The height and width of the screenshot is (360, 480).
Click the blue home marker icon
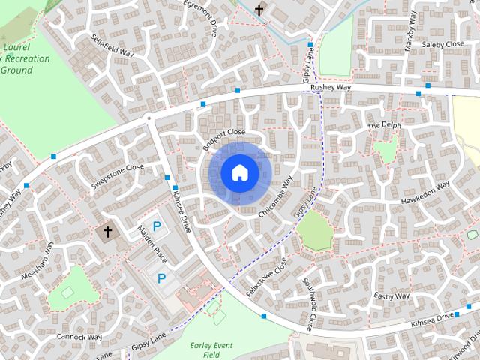[238, 172]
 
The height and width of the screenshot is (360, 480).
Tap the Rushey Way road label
[331, 88]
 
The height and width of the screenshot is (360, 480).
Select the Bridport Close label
[223, 138]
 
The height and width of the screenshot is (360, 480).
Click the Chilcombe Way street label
[275, 197]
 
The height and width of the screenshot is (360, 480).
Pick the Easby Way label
[392, 297]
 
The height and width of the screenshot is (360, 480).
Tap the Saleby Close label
[443, 45]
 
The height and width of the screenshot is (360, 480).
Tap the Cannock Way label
[78, 337]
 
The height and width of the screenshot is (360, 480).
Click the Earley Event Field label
[211, 349]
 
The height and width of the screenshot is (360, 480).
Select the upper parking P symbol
[157, 226]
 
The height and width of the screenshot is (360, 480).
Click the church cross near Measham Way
[107, 232]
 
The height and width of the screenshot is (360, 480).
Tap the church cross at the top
[259, 10]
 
